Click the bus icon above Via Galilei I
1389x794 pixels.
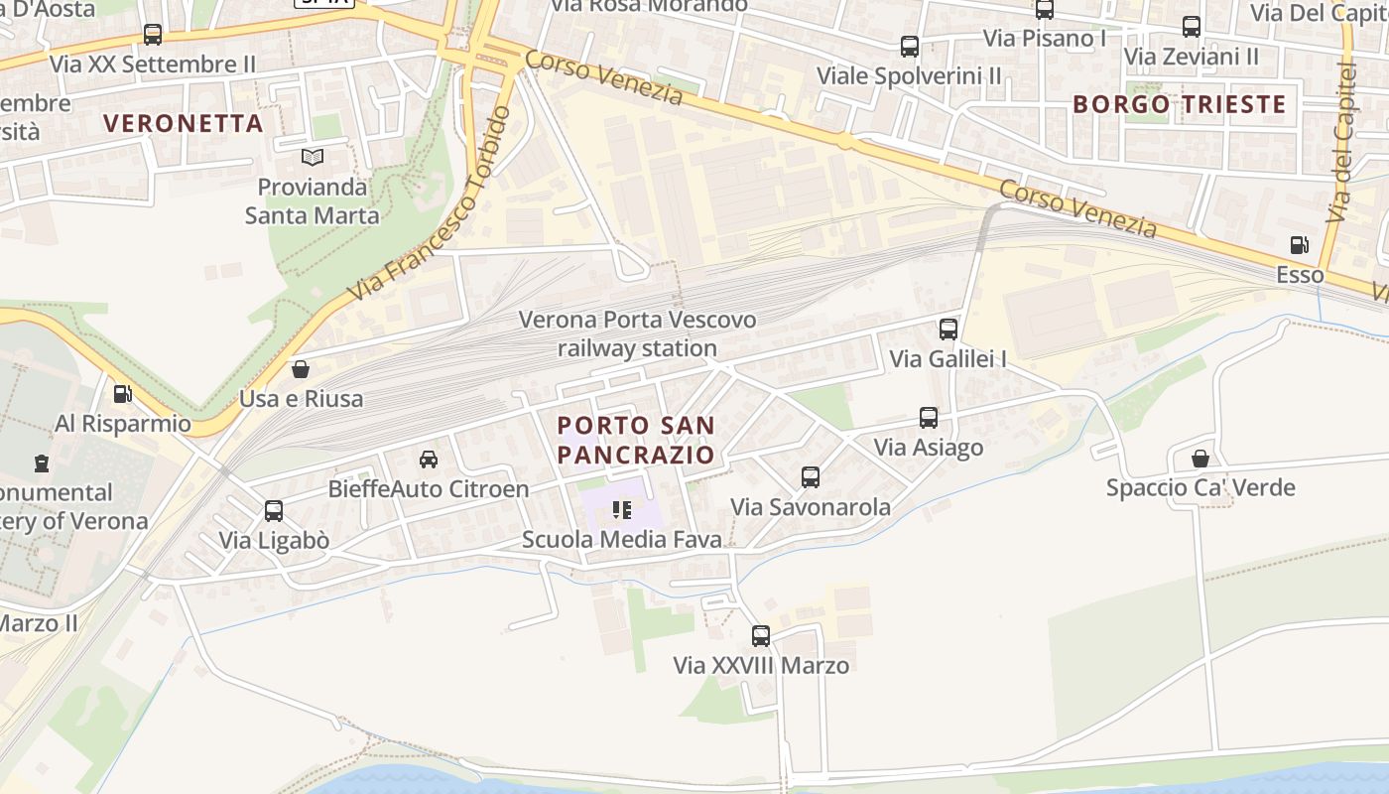tap(948, 329)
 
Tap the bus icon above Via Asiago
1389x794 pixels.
tap(929, 418)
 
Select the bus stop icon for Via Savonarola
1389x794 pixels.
tap(811, 477)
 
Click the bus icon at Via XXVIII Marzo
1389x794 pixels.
tap(761, 636)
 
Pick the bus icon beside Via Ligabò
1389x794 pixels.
tap(274, 511)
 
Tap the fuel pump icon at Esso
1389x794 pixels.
tap(1299, 245)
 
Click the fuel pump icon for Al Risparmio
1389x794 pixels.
tap(122, 394)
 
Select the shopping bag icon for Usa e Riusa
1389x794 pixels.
tap(301, 369)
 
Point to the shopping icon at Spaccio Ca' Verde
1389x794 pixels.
tap(1200, 458)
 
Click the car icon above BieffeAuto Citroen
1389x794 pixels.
tap(429, 459)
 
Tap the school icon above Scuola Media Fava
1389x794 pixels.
tap(622, 510)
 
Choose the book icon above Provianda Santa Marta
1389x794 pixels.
tap(313, 157)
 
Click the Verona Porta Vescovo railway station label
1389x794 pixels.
tap(637, 333)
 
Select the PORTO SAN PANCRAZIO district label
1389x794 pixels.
tap(636, 440)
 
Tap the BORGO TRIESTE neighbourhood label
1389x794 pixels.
tap(1179, 104)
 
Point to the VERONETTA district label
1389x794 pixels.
tap(184, 123)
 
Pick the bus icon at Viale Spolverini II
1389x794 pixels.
tap(909, 46)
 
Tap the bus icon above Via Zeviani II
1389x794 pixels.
tap(1192, 27)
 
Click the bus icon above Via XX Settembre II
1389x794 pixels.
tap(153, 35)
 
